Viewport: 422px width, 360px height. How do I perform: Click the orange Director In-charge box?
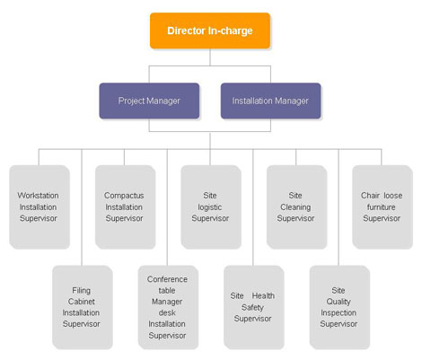210,31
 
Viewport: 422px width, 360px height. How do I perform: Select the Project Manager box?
149,101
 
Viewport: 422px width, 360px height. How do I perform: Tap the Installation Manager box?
271,101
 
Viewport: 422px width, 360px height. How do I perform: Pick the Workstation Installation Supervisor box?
40,207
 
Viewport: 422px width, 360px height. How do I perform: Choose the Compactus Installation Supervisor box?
126,207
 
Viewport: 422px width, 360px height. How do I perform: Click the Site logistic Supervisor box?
211,207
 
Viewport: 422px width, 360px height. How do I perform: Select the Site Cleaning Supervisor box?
297,207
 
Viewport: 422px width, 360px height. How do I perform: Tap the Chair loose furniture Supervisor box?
382,207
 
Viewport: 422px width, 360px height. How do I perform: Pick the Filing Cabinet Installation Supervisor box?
83,307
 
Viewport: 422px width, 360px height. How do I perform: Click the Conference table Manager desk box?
168,307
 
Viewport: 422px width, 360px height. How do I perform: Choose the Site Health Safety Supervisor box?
254,307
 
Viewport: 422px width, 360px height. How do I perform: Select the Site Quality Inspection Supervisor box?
339,307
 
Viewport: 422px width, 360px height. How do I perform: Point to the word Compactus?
124,196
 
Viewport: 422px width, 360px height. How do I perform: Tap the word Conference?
167,279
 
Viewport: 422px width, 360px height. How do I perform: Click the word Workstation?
38,196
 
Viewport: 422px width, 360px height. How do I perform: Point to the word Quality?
338,302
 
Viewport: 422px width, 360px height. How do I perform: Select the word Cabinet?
82,302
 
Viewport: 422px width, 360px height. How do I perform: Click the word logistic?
210,207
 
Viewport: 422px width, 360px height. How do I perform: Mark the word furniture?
382,207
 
